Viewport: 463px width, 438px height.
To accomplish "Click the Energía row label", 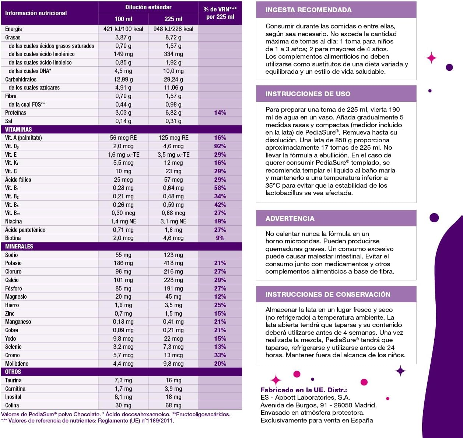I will [14, 29].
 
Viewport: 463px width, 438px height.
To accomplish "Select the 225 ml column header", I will [173, 19].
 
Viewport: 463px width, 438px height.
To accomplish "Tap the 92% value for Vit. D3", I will [220, 146].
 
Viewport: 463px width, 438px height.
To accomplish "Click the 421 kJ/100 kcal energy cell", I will [123, 29].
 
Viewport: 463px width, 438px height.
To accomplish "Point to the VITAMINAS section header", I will [18, 129].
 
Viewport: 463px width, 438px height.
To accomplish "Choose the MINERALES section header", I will [19, 246].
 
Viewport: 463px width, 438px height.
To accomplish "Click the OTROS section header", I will [13, 372].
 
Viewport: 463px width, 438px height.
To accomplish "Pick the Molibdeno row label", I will [17, 364].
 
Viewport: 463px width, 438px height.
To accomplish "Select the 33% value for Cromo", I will [220, 355].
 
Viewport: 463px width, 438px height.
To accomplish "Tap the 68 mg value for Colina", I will [173, 405].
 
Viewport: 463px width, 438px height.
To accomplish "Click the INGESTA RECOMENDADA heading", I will [308, 10].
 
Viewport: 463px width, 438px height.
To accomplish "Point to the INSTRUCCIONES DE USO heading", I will [308, 94].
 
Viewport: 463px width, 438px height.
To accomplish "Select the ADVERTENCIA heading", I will [290, 219].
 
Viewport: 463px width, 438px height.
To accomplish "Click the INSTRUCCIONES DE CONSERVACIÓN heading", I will [327, 295].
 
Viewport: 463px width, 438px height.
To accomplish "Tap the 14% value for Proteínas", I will [220, 112].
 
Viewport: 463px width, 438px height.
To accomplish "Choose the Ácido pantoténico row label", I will [25, 230].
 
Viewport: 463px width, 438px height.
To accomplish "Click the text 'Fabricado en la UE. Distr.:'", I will [304, 390].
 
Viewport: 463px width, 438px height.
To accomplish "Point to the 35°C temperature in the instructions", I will [274, 185].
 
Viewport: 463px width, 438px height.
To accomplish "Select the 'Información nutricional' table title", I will [36, 13].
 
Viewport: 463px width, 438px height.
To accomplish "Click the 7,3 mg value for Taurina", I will [123, 380].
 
